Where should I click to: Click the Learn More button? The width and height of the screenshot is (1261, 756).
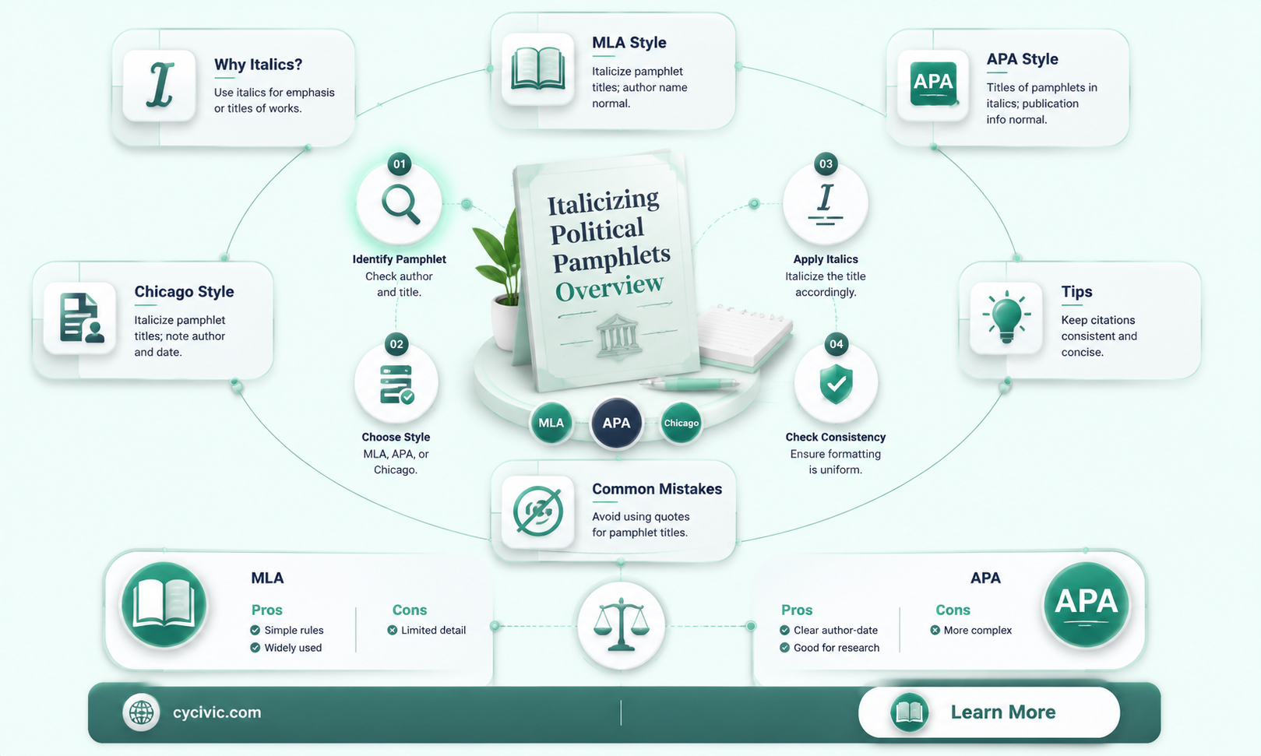[x=989, y=712]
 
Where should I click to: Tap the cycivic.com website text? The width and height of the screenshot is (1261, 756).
[x=217, y=712]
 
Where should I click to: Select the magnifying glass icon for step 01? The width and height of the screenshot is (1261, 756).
[x=400, y=204]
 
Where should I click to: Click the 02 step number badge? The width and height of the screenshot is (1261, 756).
[x=396, y=344]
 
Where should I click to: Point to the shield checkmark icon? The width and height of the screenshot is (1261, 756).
[x=836, y=384]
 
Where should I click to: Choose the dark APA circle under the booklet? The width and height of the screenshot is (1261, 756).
[x=616, y=423]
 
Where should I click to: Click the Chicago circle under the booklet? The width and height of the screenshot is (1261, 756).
[x=682, y=423]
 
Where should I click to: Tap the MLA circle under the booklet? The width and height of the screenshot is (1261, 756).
[x=551, y=423]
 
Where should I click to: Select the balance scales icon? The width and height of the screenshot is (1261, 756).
[x=621, y=625]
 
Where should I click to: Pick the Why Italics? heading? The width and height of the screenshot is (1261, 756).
[x=259, y=64]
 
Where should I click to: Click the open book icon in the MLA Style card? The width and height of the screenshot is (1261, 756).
[x=538, y=69]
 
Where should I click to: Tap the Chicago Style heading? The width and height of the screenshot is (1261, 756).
[x=184, y=292]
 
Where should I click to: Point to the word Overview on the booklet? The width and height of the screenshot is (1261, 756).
[x=609, y=287]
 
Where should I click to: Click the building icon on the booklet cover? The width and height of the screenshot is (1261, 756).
[x=618, y=336]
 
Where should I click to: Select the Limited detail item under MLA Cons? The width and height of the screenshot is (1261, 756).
[x=428, y=630]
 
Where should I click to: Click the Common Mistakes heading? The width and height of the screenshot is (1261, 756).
[x=657, y=489]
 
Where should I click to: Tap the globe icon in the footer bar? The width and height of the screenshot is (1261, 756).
[x=141, y=712]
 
